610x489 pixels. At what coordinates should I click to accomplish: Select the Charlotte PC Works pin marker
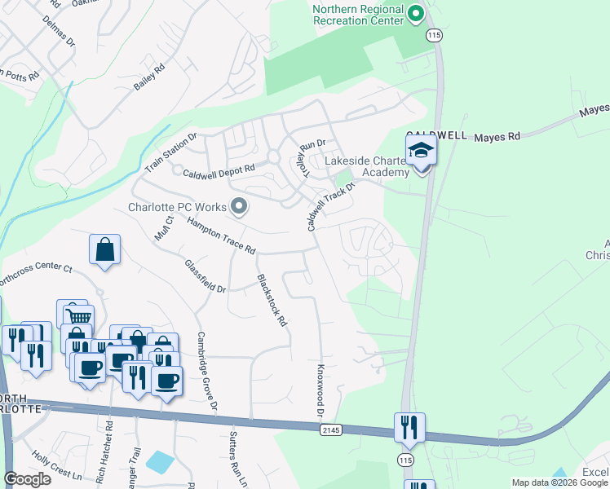coord(239,206)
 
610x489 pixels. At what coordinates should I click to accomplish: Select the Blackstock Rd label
coord(272,300)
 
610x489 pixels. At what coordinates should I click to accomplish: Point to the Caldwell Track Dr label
coord(332,206)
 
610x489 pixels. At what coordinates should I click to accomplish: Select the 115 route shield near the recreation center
coord(432,35)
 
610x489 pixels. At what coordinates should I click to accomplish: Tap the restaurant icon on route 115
coord(409,426)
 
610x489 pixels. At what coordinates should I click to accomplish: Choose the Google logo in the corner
coord(28,479)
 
